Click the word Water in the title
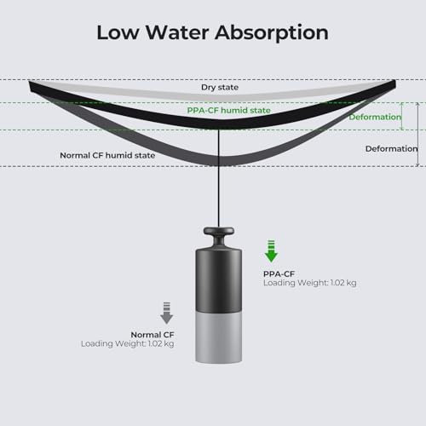177,32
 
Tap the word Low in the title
118,32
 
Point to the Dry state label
220,88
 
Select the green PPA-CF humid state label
228,110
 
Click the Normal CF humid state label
107,155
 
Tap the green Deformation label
375,117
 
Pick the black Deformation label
391,148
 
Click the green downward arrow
271,251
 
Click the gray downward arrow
167,313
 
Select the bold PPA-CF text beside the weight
279,274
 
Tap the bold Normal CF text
153,335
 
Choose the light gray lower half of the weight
219,337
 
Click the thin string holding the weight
219,178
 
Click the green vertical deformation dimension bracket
402,116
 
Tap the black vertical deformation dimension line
417,134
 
